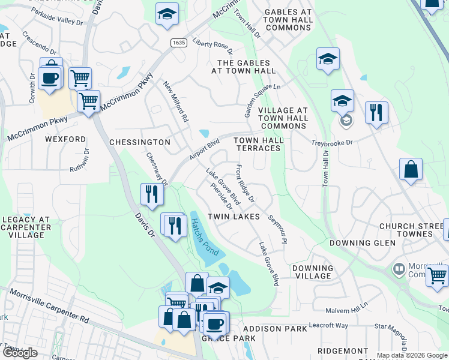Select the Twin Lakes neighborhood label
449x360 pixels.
[234, 216]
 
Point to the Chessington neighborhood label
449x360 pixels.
[140, 142]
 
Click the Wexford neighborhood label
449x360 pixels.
[65, 139]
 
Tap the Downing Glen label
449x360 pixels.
[363, 243]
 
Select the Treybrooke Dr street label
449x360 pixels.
[331, 143]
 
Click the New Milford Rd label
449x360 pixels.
[176, 102]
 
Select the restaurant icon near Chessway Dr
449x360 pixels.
[151, 193]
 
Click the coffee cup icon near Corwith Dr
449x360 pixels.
[49, 78]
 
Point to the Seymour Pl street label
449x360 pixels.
[278, 229]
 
